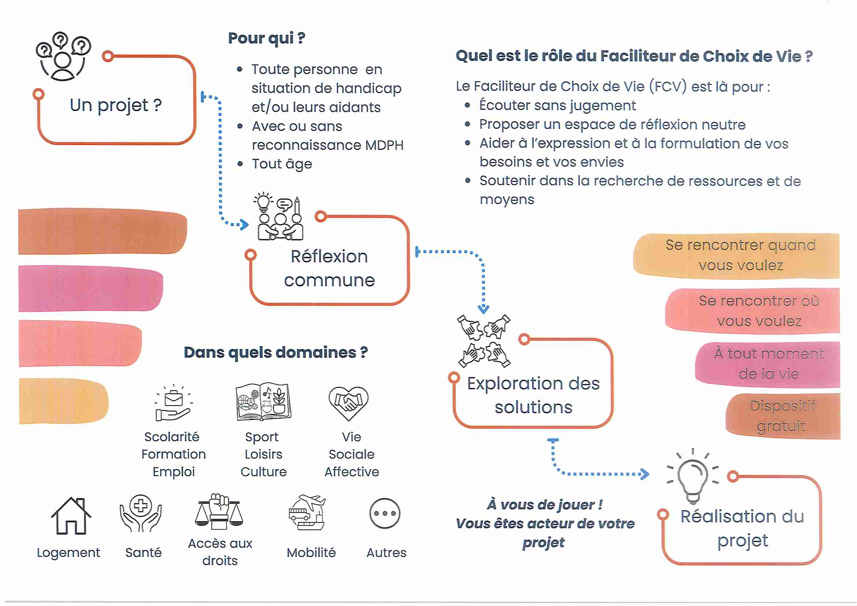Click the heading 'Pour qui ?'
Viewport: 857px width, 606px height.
pos(267,38)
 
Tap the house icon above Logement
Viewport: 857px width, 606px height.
pos(71,516)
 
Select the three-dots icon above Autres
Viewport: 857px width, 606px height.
pos(385,513)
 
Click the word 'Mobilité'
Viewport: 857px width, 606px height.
pos(311,553)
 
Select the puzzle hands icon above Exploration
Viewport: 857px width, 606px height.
pos(484,341)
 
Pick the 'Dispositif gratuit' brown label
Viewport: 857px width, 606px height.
pos(782,415)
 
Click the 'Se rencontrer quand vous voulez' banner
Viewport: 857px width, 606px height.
pos(740,255)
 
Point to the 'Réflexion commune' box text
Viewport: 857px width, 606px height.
pos(329,268)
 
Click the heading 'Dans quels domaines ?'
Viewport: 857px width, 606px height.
pos(275,352)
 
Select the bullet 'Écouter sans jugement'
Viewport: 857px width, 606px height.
pos(557,106)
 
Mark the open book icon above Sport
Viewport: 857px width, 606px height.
pos(264,402)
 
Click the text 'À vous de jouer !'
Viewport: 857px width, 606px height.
pos(545,505)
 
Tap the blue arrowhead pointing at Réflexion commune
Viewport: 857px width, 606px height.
pos(245,224)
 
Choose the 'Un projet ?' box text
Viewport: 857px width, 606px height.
pos(116,105)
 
